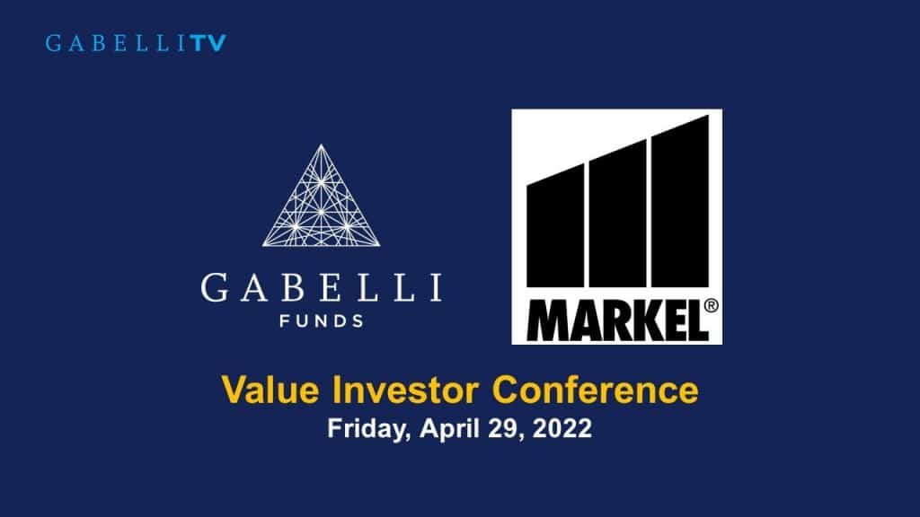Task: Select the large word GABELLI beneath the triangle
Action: coord(321,289)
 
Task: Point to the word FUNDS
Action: coord(321,320)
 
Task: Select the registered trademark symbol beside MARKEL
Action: coord(711,305)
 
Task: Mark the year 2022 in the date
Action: coord(558,429)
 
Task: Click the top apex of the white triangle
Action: coord(321,145)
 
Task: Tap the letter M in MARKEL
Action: coord(541,319)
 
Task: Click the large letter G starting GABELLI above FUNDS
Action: coord(216,289)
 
